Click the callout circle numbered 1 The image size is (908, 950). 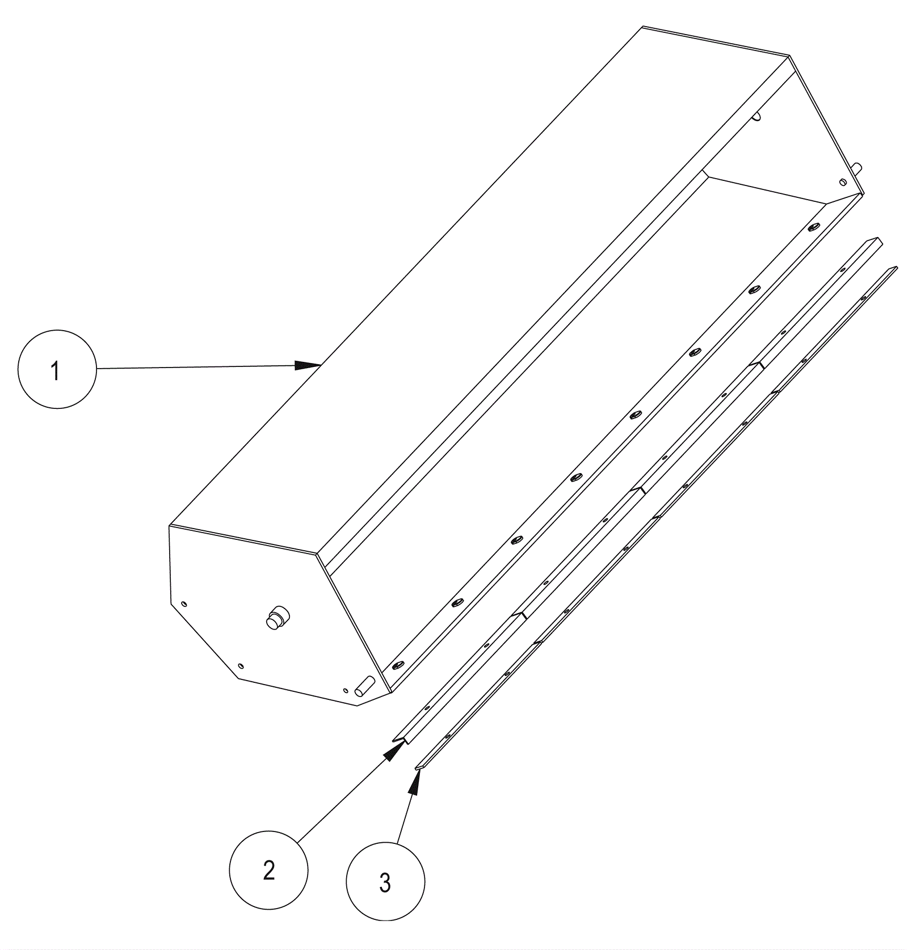pyautogui.click(x=57, y=369)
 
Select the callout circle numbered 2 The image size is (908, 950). pyautogui.click(x=268, y=871)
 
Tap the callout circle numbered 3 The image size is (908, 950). pyautogui.click(x=385, y=881)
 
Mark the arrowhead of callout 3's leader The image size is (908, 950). pyautogui.click(x=415, y=782)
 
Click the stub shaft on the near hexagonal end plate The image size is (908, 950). pyautogui.click(x=278, y=617)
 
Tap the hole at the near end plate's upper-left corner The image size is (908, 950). pyautogui.click(x=183, y=603)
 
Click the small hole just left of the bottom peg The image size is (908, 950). pyautogui.click(x=346, y=690)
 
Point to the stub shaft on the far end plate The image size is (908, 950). pyautogui.click(x=857, y=168)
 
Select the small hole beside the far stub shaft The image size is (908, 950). pyautogui.click(x=842, y=182)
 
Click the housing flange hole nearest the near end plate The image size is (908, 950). pyautogui.click(x=397, y=664)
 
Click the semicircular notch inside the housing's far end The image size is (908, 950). pyautogui.click(x=757, y=116)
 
